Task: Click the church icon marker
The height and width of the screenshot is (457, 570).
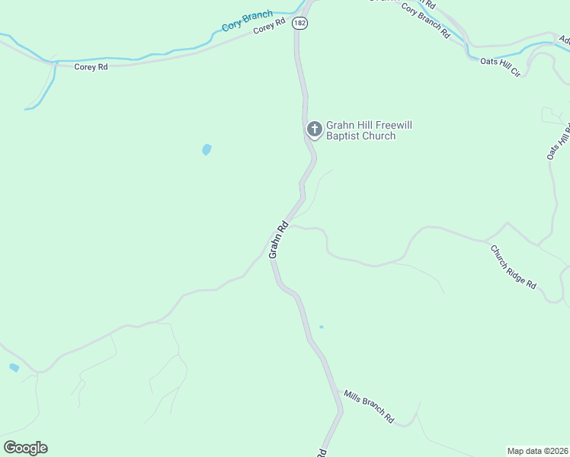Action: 313,129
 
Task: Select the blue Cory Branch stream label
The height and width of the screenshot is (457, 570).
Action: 247,21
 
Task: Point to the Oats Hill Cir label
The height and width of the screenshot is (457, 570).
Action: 500,67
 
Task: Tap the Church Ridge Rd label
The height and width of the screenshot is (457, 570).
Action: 513,267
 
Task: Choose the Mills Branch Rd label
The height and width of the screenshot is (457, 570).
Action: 368,407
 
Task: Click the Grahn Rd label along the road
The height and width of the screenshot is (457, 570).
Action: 278,239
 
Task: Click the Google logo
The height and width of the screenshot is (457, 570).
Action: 25,448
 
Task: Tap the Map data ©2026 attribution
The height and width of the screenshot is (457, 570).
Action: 538,451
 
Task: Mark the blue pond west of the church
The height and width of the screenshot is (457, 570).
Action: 207,149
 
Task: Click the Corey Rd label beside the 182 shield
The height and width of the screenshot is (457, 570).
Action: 269,26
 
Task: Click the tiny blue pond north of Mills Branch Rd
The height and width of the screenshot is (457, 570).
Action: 321,327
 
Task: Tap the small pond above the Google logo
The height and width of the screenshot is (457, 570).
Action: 14,368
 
